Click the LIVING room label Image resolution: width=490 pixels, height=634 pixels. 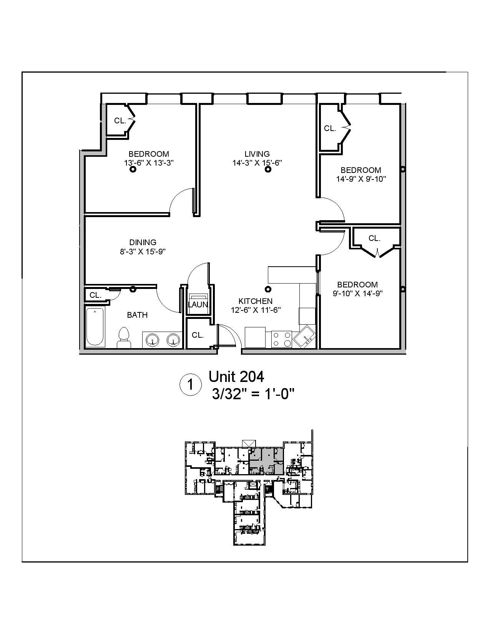[257, 154]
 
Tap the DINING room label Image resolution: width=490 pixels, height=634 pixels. [143, 242]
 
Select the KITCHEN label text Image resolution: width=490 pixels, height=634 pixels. [256, 301]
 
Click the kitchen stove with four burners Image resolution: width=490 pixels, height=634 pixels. [281, 339]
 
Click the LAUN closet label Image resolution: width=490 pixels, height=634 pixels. [198, 305]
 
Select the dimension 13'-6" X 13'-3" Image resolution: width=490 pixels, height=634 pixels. [149, 163]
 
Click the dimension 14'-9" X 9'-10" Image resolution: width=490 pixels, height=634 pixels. [361, 179]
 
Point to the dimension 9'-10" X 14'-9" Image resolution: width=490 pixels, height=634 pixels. [357, 294]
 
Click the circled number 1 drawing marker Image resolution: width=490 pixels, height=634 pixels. [190, 385]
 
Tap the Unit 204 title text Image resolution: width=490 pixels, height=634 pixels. [236, 377]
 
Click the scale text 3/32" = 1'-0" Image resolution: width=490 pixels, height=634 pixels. [253, 394]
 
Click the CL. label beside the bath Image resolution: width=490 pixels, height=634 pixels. [95, 295]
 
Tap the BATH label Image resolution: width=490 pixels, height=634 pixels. [137, 315]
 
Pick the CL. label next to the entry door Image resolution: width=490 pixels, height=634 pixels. [198, 335]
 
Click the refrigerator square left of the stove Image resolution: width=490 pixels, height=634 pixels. [255, 337]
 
